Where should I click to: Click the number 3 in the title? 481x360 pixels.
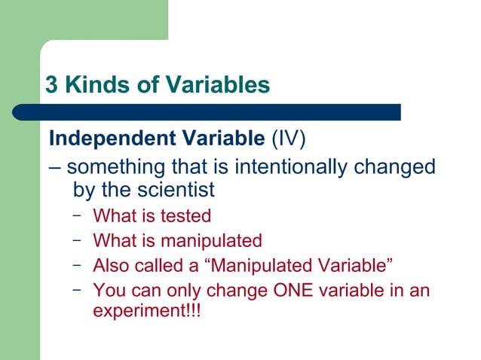coord(52,85)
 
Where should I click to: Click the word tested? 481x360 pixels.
coord(185,216)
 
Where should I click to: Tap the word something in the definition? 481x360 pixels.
coord(115,166)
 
